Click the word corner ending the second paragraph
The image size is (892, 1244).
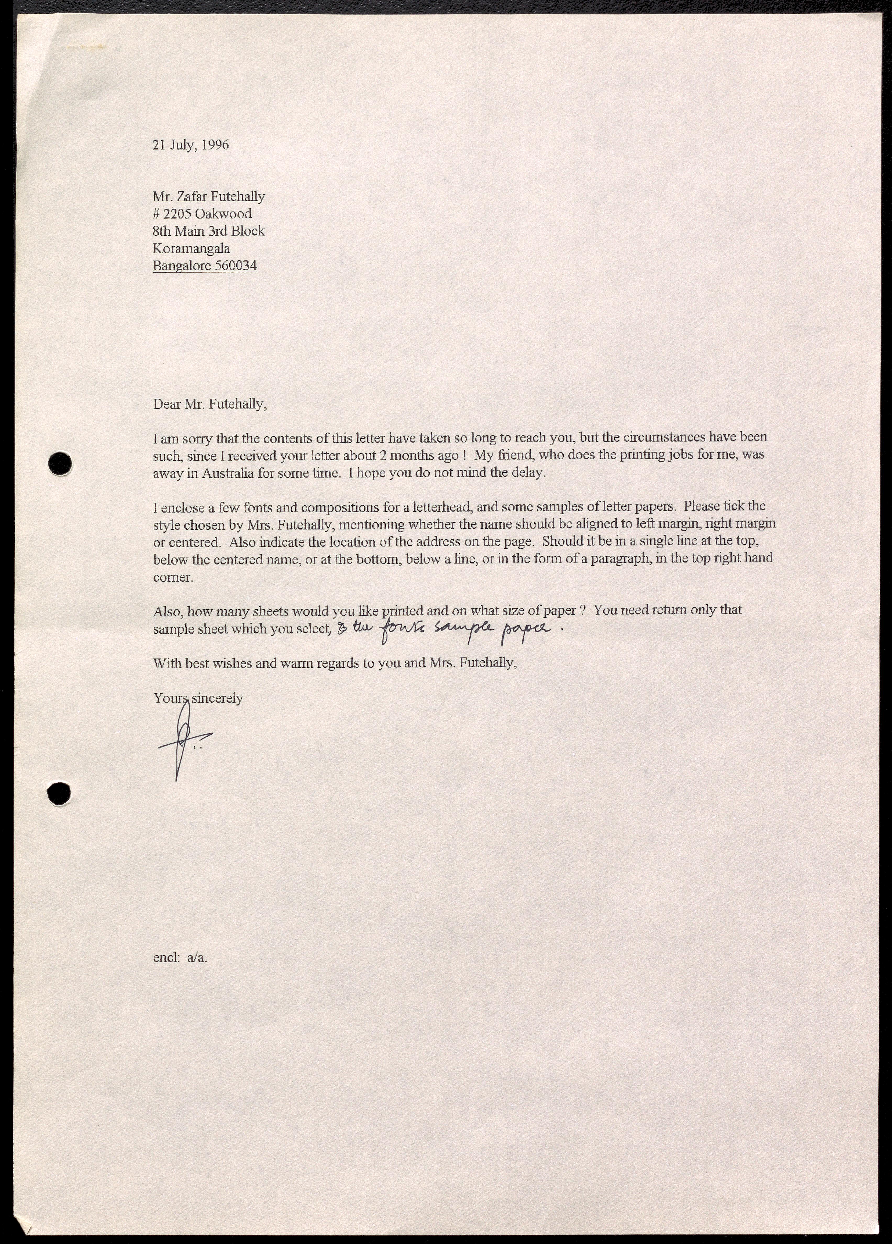[172, 578]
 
